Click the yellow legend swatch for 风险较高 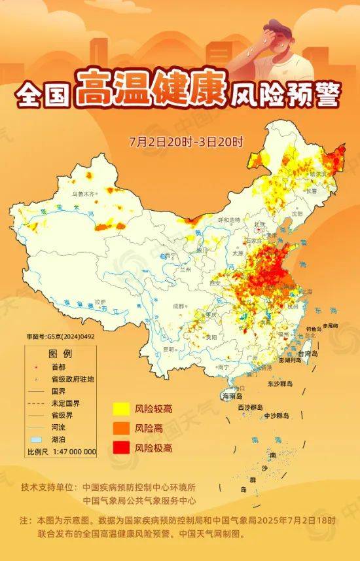click(120, 409)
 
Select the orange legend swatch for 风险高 click(120, 428)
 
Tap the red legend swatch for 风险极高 click(120, 448)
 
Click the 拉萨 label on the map click(99, 302)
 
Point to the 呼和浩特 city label click(229, 220)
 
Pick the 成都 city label click(179, 306)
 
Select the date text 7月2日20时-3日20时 click(186, 141)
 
